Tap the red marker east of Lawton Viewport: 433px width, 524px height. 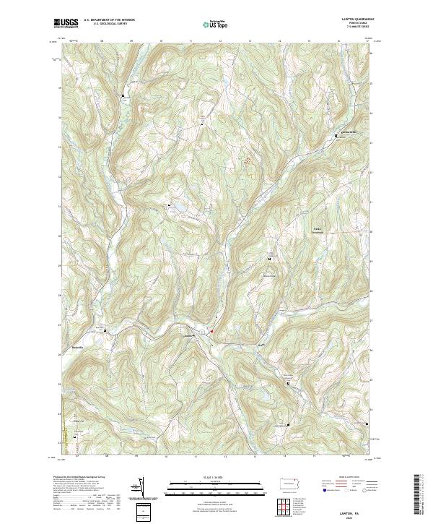pyautogui.click(x=211, y=332)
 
